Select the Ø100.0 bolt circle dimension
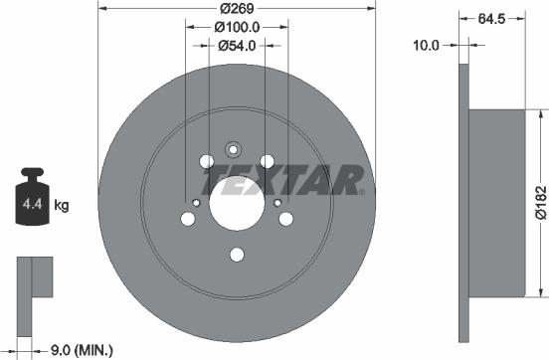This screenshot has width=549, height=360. point(237,28)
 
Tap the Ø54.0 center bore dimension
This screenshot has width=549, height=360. point(237,45)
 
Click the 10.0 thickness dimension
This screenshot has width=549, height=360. point(428,45)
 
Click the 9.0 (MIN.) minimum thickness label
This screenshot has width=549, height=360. point(81,349)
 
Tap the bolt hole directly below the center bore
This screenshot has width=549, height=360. point(237,255)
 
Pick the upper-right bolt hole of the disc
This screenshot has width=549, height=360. point(267,161)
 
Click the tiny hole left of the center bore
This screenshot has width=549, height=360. point(197,204)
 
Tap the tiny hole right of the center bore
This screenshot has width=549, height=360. point(276,203)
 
